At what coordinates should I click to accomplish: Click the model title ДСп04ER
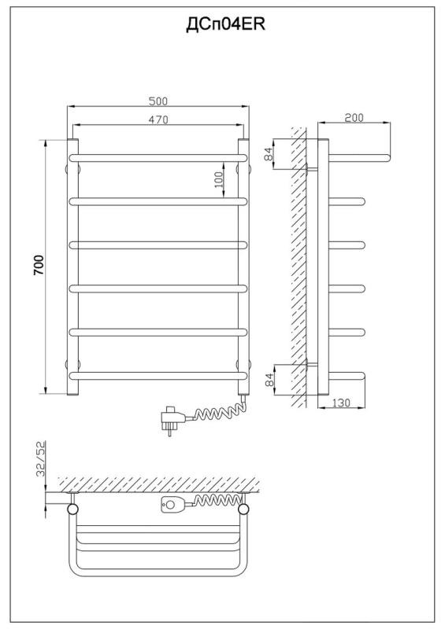point(225,25)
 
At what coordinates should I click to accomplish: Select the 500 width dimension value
point(158,101)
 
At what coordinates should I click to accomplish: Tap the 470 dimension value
point(158,120)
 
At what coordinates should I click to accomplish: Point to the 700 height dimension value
point(39,265)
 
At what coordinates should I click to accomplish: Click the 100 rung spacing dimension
point(218,180)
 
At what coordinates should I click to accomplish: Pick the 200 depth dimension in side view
point(354,117)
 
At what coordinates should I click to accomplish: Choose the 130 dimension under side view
point(342,403)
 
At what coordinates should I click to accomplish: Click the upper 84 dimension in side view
point(269,153)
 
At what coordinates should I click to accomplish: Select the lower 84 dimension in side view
point(269,380)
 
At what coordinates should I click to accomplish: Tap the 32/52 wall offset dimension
point(41,458)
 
